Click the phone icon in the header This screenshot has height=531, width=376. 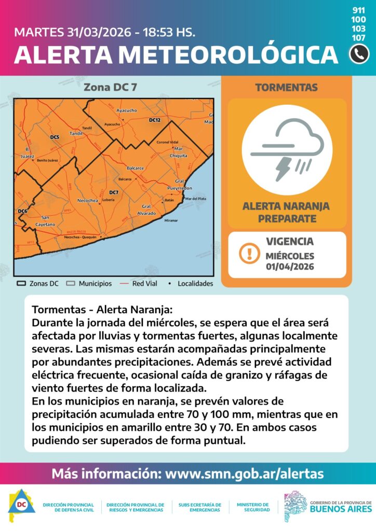click(x=359, y=54)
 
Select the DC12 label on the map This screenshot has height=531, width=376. click(x=154, y=120)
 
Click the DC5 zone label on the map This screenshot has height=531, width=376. click(x=55, y=137)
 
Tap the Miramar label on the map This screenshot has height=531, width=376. click(x=171, y=220)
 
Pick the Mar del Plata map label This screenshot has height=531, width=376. click(x=196, y=199)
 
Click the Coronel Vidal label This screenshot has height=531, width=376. click(x=167, y=142)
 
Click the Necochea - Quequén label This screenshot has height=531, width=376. click(x=79, y=237)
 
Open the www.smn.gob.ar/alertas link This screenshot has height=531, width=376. click(x=244, y=473)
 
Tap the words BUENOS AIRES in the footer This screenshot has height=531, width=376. click(x=340, y=510)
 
